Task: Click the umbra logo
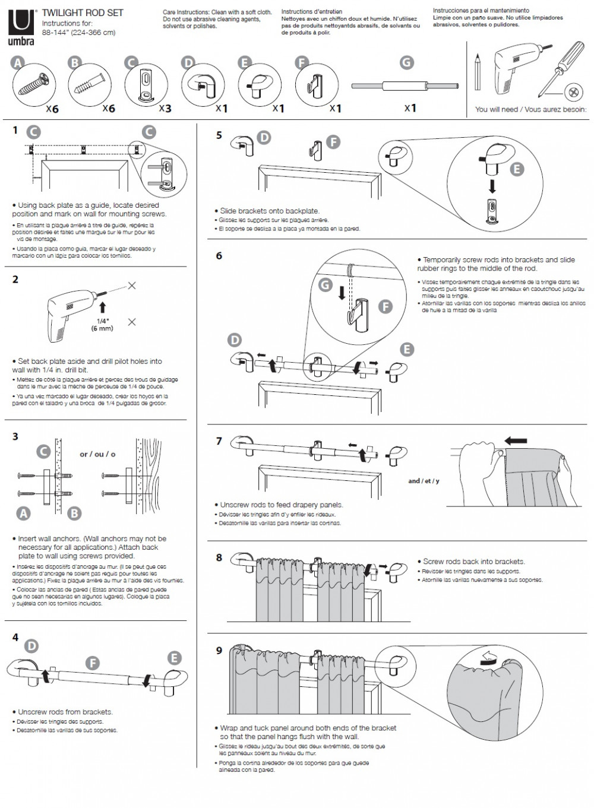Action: (21, 27)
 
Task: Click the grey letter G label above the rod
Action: (406, 62)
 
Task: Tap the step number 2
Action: (15, 280)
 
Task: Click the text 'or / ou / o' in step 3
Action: (97, 454)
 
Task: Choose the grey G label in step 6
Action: (325, 285)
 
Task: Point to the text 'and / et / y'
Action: (424, 481)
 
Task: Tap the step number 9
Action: (219, 651)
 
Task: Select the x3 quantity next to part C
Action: (165, 109)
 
